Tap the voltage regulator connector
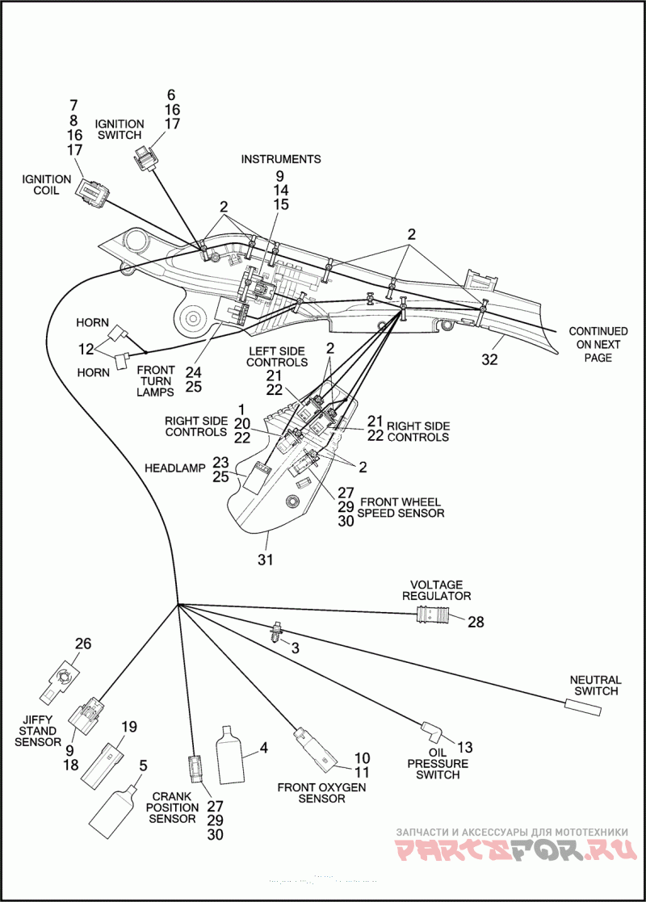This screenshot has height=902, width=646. click(x=433, y=616)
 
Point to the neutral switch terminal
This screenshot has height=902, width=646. click(x=583, y=707)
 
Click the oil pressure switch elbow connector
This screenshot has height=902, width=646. click(x=433, y=731)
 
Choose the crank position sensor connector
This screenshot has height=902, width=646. click(x=195, y=769)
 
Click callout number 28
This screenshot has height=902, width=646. click(x=476, y=622)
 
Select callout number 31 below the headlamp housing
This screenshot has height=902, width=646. click(x=265, y=559)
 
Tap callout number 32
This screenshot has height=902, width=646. click(x=490, y=359)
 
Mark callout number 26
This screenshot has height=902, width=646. click(x=83, y=643)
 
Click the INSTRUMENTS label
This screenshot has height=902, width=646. click(x=281, y=159)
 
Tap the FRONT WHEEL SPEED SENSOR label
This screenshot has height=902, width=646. click(x=401, y=507)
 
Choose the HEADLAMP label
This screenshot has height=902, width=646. click(x=175, y=468)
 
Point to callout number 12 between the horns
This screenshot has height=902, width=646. click(x=86, y=349)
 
